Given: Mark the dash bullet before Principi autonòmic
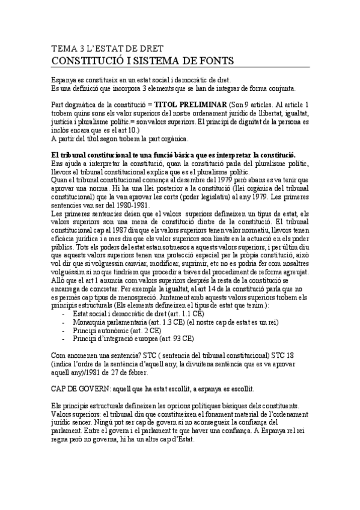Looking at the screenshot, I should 64,331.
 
